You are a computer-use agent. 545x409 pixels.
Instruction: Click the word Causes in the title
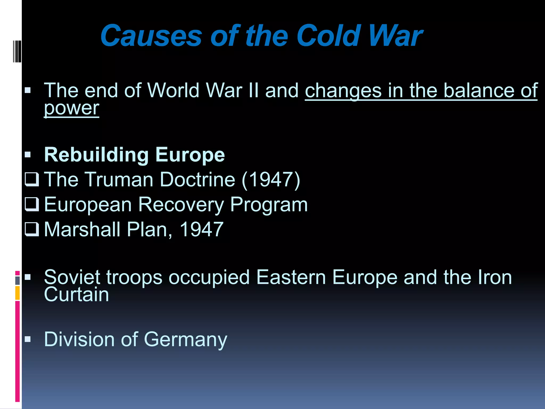click(151, 36)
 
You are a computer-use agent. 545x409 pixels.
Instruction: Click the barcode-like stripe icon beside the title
click(17, 51)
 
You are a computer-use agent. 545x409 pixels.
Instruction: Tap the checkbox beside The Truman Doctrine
click(32, 179)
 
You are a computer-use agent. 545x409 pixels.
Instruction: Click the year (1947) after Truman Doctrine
click(271, 180)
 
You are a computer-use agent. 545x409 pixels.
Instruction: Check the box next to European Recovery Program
click(32, 204)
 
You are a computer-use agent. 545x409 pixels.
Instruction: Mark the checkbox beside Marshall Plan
click(32, 229)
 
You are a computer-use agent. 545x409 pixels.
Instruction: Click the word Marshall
click(82, 229)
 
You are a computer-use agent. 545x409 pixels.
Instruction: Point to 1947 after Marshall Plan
click(201, 229)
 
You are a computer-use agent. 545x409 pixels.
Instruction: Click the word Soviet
click(72, 277)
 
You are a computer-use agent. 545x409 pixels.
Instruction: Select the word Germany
click(185, 340)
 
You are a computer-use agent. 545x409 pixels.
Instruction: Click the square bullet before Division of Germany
click(28, 339)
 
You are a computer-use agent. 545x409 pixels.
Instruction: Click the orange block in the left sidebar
click(17, 293)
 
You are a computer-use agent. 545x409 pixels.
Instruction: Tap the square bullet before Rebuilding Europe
click(28, 155)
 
